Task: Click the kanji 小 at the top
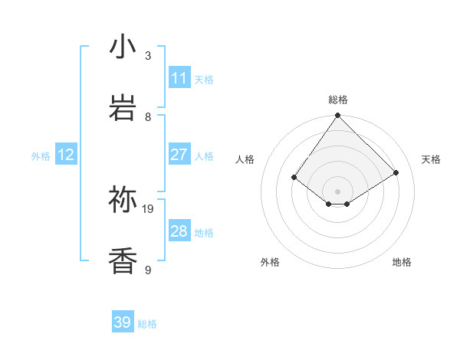(123, 47)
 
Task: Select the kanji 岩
(123, 108)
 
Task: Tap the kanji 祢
(123, 200)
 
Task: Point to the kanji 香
(123, 261)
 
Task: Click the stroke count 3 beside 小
(148, 55)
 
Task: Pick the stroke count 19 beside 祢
(149, 208)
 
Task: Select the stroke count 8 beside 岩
(148, 116)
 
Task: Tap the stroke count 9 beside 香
(148, 270)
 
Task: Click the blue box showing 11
(179, 78)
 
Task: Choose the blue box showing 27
(179, 155)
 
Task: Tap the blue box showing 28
(179, 231)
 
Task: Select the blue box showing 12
(66, 155)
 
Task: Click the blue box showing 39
(123, 322)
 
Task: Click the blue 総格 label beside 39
(147, 324)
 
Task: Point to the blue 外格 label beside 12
(41, 156)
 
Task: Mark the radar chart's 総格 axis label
(337, 100)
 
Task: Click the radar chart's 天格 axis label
(431, 159)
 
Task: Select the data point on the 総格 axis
(337, 116)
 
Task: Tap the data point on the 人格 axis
(294, 178)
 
